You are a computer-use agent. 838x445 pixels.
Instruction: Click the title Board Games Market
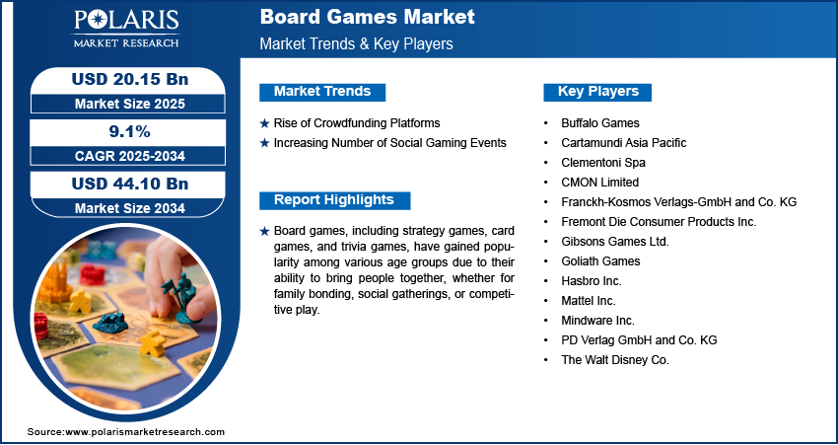[367, 18]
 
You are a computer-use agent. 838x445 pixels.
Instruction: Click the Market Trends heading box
[322, 92]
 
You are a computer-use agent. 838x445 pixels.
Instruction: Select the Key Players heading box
[598, 92]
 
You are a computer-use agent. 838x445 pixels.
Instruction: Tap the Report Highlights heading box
[333, 200]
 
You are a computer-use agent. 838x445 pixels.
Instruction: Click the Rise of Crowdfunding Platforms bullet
[356, 123]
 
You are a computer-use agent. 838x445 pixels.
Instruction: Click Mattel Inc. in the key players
[590, 300]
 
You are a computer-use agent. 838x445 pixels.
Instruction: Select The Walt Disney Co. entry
[614, 359]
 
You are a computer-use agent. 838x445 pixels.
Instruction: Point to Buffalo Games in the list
[600, 123]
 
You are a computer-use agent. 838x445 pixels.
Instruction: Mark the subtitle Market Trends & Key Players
[356, 44]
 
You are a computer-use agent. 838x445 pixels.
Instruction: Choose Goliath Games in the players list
[600, 260]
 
